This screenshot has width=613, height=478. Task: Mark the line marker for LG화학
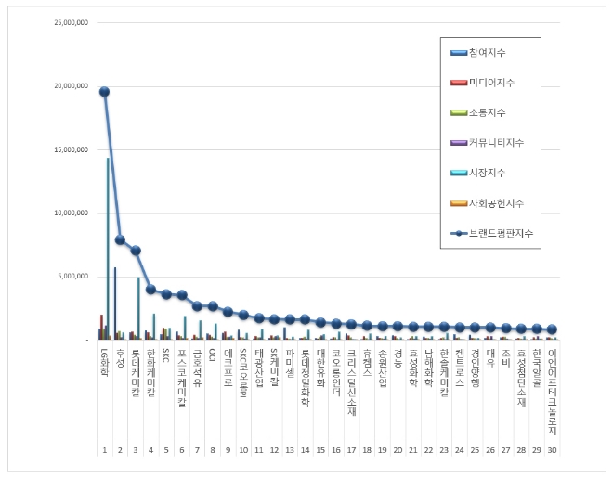tap(104, 91)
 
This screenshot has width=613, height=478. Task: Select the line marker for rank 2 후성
tap(120, 239)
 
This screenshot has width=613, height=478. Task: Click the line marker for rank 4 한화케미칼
tap(150, 289)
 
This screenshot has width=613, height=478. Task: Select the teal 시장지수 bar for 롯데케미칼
tap(138, 308)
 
